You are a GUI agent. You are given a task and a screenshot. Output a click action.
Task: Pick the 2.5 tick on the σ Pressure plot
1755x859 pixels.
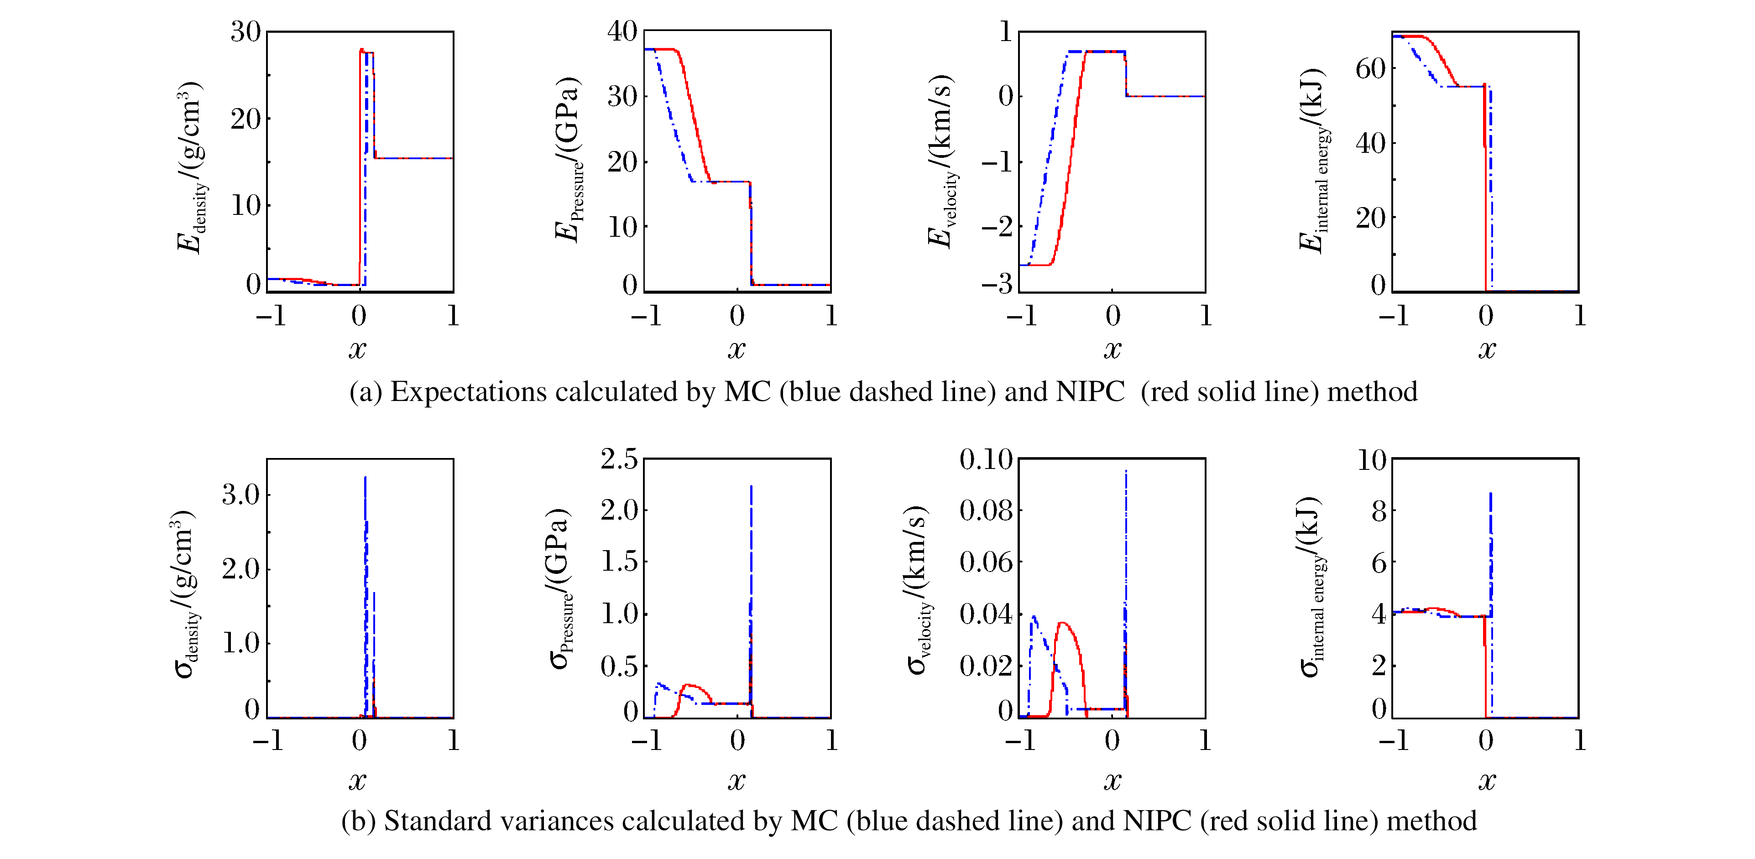[619, 459]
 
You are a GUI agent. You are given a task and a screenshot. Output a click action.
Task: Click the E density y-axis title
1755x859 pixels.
[190, 167]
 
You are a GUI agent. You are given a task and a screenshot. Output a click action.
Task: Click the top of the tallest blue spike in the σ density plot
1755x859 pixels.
[365, 478]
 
